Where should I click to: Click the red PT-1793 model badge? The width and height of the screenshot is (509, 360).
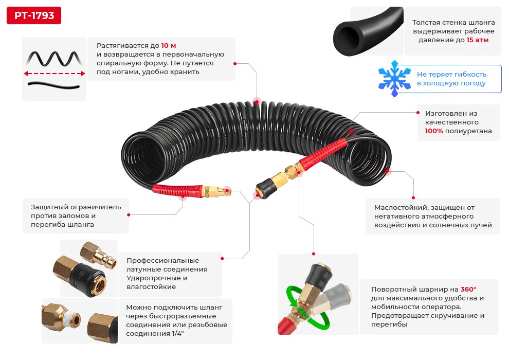pyautogui.click(x=33, y=15)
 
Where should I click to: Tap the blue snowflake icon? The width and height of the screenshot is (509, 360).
pyautogui.click(x=394, y=79)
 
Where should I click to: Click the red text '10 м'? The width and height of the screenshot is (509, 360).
pyautogui.click(x=169, y=45)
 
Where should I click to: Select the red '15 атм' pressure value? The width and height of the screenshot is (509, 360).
pyautogui.click(x=478, y=40)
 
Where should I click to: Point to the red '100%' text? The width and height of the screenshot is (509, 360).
pyautogui.click(x=435, y=131)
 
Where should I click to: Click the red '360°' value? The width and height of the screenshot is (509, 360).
pyautogui.click(x=468, y=290)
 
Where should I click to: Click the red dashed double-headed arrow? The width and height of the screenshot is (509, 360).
pyautogui.click(x=54, y=74)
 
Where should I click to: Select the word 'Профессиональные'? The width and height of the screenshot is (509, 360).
pyautogui.click(x=162, y=261)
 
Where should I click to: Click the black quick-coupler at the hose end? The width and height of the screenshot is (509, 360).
pyautogui.click(x=265, y=186)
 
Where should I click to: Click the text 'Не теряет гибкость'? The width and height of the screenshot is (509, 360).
pyautogui.click(x=451, y=74)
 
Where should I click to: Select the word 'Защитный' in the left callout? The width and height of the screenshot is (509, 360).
pyautogui.click(x=47, y=207)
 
